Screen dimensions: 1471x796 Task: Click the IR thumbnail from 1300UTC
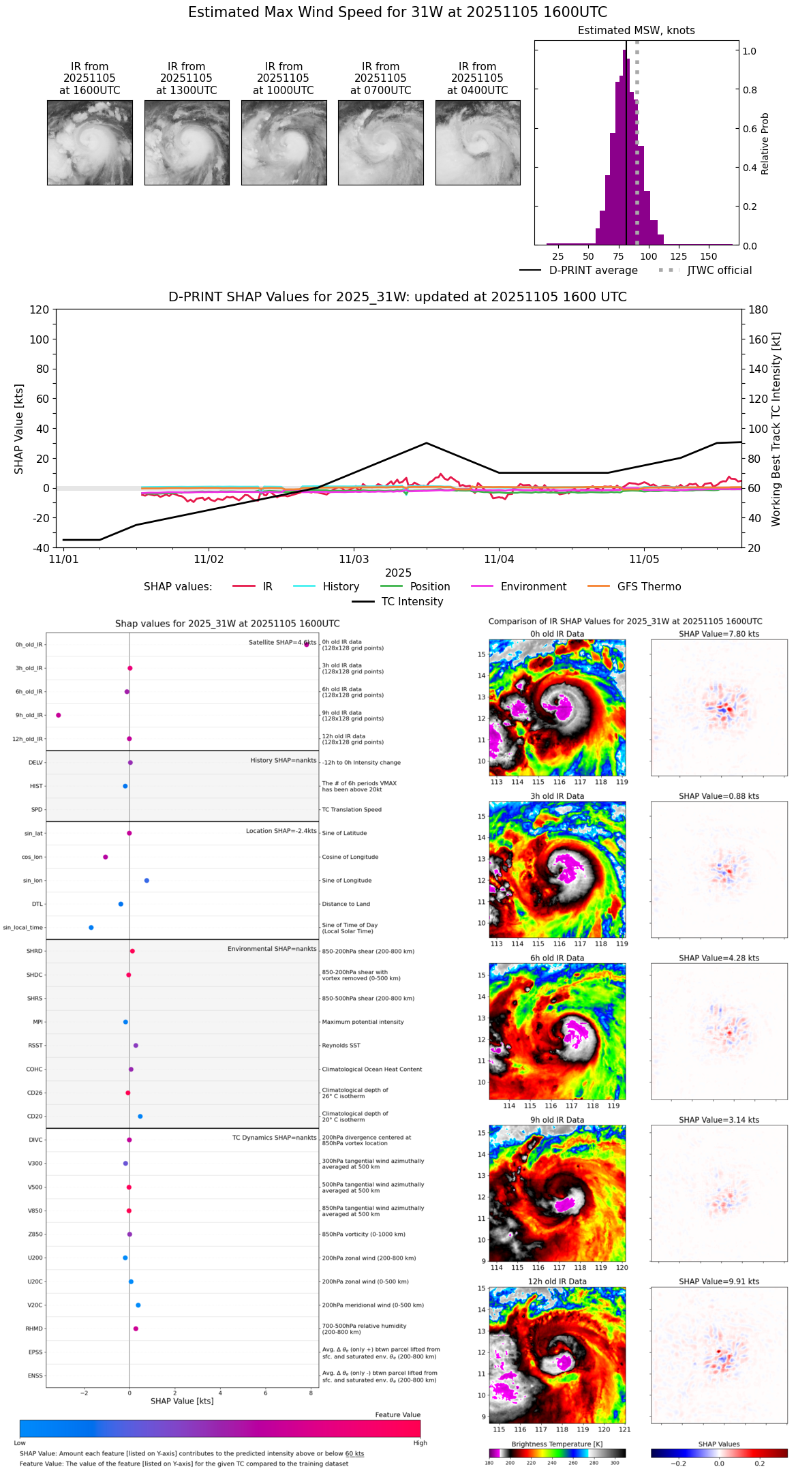(187, 142)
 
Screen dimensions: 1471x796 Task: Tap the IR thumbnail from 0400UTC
(478, 142)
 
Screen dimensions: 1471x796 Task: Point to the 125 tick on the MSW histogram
(678, 256)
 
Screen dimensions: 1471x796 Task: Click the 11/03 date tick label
(354, 560)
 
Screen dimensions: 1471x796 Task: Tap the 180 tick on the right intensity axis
(758, 310)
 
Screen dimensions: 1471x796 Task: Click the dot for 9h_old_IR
(59, 715)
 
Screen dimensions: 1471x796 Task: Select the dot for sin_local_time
(91, 928)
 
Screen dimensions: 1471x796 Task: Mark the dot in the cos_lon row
(106, 857)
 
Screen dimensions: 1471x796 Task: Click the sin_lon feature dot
(147, 881)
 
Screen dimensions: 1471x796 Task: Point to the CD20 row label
(35, 1117)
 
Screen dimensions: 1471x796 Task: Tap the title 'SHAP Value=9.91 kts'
(719, 1282)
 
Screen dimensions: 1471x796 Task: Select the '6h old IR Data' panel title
(557, 958)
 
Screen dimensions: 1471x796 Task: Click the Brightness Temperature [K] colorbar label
(557, 1444)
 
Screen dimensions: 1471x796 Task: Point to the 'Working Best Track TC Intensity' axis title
(776, 429)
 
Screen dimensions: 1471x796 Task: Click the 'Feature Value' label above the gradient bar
(397, 1415)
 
